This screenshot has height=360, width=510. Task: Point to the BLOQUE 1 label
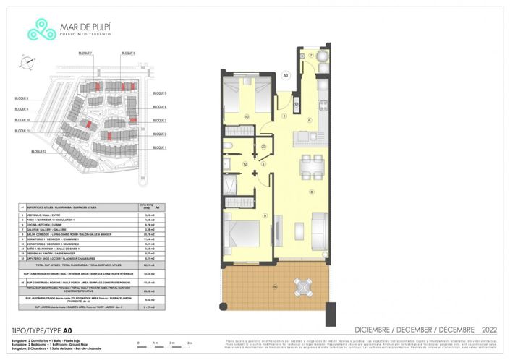click(160, 148)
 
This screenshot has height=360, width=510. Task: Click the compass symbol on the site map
click(27, 63)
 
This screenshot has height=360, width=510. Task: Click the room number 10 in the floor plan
click(246, 116)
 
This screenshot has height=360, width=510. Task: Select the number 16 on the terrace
click(255, 287)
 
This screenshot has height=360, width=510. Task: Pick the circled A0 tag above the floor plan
click(285, 74)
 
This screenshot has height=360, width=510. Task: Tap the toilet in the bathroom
click(228, 148)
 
